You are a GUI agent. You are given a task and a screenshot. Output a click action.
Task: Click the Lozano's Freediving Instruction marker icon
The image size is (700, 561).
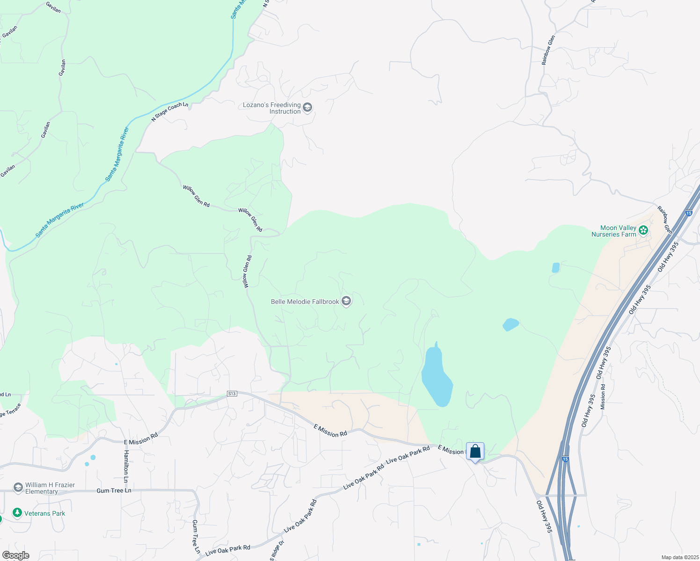click(307, 108)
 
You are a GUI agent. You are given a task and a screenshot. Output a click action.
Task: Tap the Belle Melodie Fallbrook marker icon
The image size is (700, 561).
click(346, 301)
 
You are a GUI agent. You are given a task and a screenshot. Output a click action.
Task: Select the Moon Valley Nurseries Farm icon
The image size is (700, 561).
click(643, 230)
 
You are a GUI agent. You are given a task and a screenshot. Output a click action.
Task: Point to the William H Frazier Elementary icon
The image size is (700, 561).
click(18, 488)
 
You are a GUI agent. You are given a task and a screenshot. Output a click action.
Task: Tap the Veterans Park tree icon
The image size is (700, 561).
click(17, 513)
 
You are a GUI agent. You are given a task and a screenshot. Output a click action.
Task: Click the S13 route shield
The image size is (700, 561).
click(232, 394)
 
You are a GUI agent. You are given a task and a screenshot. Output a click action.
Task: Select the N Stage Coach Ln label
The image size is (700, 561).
click(169, 112)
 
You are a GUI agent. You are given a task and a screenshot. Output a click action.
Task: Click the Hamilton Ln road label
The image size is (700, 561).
click(126, 467)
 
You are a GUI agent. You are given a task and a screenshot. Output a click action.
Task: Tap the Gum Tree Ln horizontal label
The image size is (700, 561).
click(114, 490)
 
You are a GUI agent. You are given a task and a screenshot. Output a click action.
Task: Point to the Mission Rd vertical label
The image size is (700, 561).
click(603, 397)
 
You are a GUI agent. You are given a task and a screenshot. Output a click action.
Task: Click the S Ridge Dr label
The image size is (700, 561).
click(277, 551)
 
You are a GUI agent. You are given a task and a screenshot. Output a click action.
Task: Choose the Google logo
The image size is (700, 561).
click(15, 555)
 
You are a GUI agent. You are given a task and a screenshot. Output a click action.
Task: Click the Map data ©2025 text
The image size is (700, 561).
click(680, 557)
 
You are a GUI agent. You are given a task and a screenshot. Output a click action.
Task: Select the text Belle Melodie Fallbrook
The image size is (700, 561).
click(305, 302)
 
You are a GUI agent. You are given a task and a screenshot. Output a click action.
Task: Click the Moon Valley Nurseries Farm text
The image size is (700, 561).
click(614, 231)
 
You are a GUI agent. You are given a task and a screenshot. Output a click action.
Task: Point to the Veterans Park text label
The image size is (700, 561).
click(45, 513)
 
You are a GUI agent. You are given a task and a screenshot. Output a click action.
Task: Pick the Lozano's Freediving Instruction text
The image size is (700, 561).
click(272, 108)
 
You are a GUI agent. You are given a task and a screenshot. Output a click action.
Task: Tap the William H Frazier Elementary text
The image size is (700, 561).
click(50, 488)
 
